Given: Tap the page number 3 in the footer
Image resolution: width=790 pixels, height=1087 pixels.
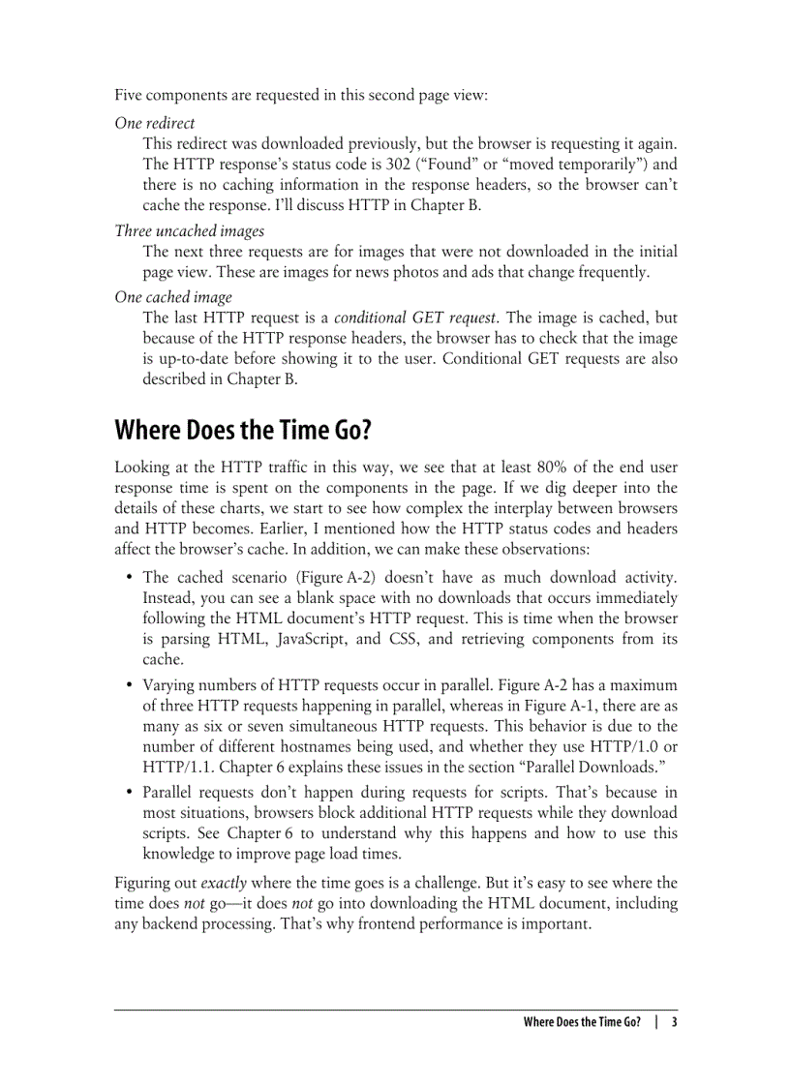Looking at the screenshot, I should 674,1021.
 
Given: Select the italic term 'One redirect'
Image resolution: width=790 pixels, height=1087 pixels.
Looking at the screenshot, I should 155,123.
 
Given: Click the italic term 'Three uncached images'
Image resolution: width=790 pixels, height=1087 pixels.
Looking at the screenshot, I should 190,230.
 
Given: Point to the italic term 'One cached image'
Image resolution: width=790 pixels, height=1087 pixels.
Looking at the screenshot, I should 173,297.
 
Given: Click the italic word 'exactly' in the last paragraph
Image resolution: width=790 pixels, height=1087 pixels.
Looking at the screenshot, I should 224,883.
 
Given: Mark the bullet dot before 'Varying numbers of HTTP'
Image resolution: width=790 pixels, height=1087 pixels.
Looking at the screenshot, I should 130,685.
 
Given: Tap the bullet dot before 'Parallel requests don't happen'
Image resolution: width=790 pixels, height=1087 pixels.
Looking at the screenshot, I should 130,793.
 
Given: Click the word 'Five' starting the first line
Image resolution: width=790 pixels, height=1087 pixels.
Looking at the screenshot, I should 130,95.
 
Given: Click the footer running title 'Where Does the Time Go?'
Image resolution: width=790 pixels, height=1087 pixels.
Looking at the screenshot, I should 581,1021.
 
